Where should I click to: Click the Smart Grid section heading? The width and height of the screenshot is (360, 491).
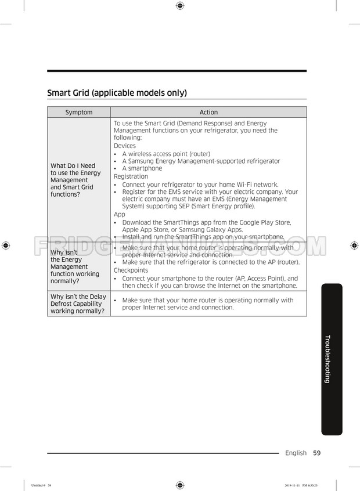pos(117,93)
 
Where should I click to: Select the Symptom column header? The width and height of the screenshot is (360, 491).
pos(78,113)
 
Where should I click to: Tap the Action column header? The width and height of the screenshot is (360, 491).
pos(208,113)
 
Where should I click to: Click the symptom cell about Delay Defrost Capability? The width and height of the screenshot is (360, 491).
pos(78,304)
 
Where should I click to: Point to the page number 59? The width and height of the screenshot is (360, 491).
pos(317,453)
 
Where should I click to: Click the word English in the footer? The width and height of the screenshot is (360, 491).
pos(296,453)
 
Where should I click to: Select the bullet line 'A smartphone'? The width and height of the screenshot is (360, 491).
pos(142,169)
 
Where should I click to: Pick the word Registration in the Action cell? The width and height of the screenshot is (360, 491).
pos(131,176)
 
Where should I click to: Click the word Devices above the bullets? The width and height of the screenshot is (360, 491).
pos(124,146)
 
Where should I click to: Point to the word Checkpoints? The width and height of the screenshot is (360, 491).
pos(131,270)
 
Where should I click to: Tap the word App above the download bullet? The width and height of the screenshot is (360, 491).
pos(119,214)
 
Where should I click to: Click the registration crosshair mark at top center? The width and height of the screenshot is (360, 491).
pos(179,6)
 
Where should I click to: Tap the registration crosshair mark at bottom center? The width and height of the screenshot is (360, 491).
pos(179,485)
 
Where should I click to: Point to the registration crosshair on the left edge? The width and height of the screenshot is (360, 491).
pos(5,245)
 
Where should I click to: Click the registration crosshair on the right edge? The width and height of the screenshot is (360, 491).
pos(354,245)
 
